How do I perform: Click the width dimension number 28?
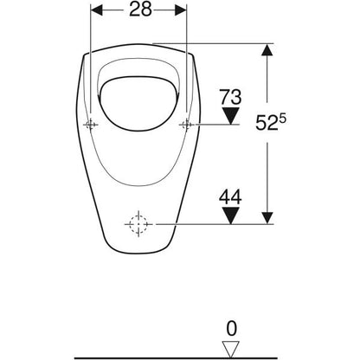[x=140, y=10]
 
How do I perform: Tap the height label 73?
[x=230, y=97]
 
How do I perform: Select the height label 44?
[x=230, y=197]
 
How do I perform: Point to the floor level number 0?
[x=231, y=329]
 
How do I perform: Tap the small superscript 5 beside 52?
[x=282, y=119]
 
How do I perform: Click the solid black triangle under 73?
[x=230, y=116]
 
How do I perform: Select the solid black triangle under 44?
[x=230, y=215]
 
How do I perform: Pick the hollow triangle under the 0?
[x=230, y=350]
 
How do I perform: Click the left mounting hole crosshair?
[x=91, y=125]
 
